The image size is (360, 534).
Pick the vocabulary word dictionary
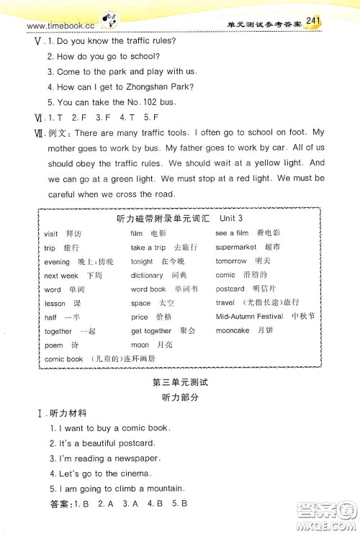pos(147,275)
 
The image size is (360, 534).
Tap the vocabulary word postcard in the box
pos(230,289)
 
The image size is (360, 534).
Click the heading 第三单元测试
pos(180,382)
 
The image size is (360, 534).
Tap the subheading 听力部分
pos(180,397)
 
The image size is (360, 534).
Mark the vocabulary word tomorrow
pos(231,261)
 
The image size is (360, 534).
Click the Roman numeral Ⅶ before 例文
pos(30,133)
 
